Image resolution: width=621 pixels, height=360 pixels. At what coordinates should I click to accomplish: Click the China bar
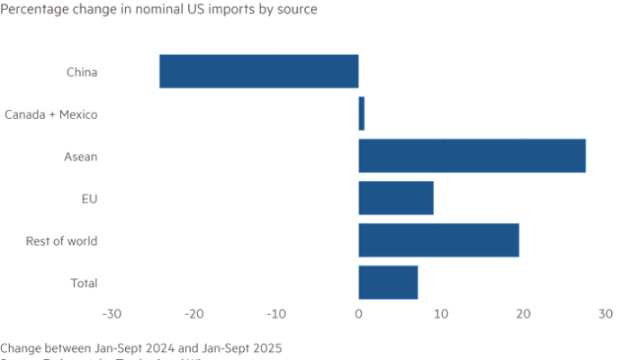click(x=259, y=72)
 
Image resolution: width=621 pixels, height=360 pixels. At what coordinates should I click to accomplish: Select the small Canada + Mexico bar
click(x=362, y=114)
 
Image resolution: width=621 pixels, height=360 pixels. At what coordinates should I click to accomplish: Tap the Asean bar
click(x=472, y=156)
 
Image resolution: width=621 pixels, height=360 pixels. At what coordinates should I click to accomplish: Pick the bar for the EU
click(x=396, y=198)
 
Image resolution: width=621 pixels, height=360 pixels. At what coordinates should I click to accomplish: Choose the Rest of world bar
click(x=438, y=240)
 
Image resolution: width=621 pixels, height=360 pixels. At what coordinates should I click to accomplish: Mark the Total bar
click(x=388, y=283)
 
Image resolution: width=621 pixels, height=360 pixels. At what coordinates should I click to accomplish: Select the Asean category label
click(x=80, y=157)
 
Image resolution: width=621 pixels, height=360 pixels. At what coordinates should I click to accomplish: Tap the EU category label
click(x=89, y=198)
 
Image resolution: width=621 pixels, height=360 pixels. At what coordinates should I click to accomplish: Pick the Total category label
click(x=84, y=283)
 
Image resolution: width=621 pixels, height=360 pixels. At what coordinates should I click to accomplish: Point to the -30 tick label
click(x=112, y=314)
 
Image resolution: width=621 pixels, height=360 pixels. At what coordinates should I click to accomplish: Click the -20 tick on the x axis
click(x=194, y=314)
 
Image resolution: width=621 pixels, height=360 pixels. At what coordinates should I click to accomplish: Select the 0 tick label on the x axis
click(x=358, y=314)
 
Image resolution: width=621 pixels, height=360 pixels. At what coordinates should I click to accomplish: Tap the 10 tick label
click(x=440, y=314)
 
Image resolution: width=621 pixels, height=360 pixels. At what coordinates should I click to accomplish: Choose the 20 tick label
click(x=523, y=314)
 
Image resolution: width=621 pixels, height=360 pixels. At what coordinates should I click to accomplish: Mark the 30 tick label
click(x=605, y=314)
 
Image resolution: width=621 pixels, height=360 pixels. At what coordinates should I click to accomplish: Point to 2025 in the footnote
click(x=267, y=346)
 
